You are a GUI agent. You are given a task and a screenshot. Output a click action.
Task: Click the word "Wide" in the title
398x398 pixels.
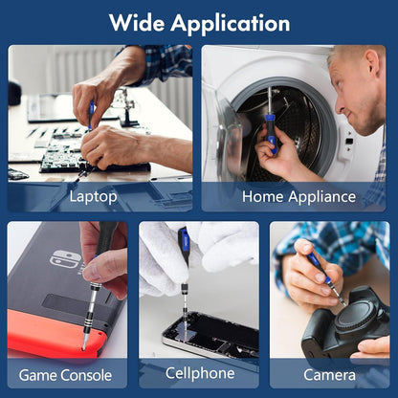click(137, 22)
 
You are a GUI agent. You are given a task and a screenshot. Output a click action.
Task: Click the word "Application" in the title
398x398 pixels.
click(231, 24)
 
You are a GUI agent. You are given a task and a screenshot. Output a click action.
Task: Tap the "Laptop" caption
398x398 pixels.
click(93, 197)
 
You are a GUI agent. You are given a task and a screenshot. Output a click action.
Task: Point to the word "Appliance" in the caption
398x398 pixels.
click(321, 197)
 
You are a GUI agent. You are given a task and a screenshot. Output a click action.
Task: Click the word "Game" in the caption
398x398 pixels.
click(37, 375)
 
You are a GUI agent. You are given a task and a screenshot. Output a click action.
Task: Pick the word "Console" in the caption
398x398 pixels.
click(86, 375)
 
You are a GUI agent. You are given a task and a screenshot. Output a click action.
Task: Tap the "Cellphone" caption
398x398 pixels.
click(200, 373)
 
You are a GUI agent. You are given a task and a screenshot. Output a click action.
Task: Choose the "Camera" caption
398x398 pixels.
click(329, 375)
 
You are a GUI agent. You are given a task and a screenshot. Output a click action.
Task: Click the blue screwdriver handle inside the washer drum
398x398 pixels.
click(271, 135)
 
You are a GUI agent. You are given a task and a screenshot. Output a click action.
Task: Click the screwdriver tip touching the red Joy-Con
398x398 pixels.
click(83, 347)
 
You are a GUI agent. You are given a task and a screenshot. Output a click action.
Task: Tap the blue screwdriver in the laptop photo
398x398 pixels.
click(91, 116)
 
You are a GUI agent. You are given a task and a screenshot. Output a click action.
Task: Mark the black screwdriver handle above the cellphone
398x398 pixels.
click(184, 246)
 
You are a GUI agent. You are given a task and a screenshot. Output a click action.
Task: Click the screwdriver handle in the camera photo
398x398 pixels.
click(319, 266)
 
